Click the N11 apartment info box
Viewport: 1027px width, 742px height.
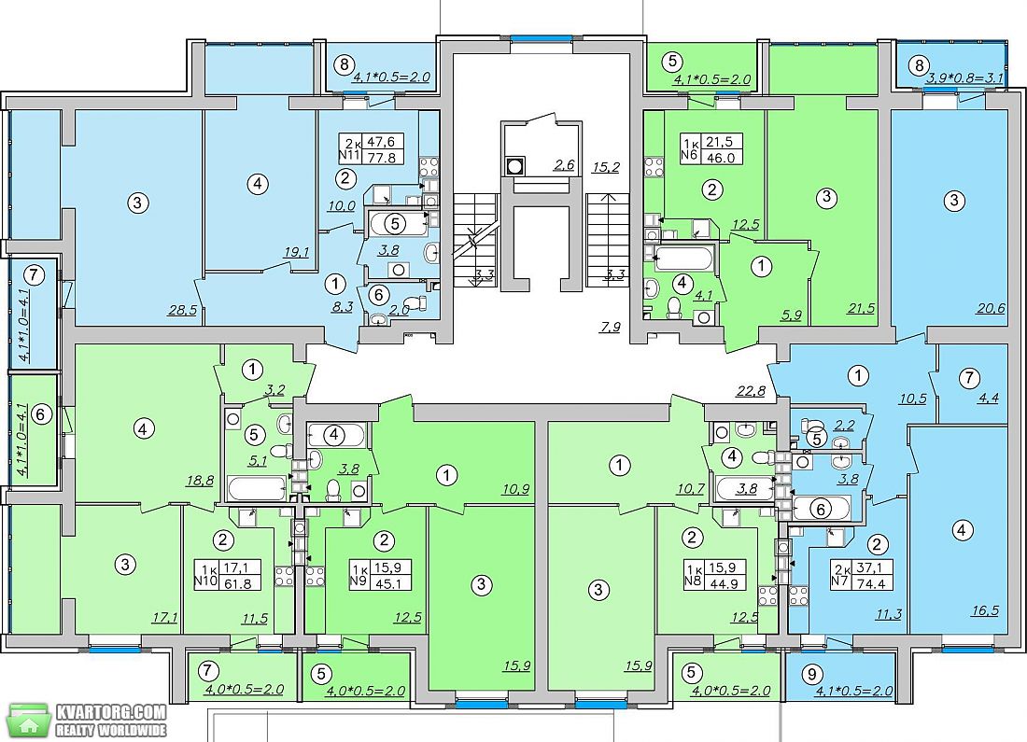coord(370,148)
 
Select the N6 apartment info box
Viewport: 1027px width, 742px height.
coord(710,148)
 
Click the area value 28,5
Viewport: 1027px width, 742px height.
coord(182,310)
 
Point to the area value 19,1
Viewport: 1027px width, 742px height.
coord(297,251)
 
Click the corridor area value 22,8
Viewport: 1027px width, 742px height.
coord(751,392)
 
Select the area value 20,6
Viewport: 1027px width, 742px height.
coord(991,307)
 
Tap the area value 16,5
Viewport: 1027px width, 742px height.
coord(985,610)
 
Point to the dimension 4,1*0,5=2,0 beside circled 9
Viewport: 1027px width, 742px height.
coord(853,691)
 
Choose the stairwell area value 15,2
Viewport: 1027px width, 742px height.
coord(606,167)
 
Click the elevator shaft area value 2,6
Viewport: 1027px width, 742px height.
coord(564,164)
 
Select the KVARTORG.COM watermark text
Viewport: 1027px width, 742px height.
coord(111,712)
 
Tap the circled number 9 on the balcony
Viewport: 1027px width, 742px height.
coord(813,673)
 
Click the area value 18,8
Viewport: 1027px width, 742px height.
coord(200,480)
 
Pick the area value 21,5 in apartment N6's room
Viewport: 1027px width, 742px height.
coord(861,307)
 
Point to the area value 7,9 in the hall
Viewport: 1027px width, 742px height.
coord(610,326)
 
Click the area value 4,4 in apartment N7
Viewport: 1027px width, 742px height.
coord(988,397)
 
